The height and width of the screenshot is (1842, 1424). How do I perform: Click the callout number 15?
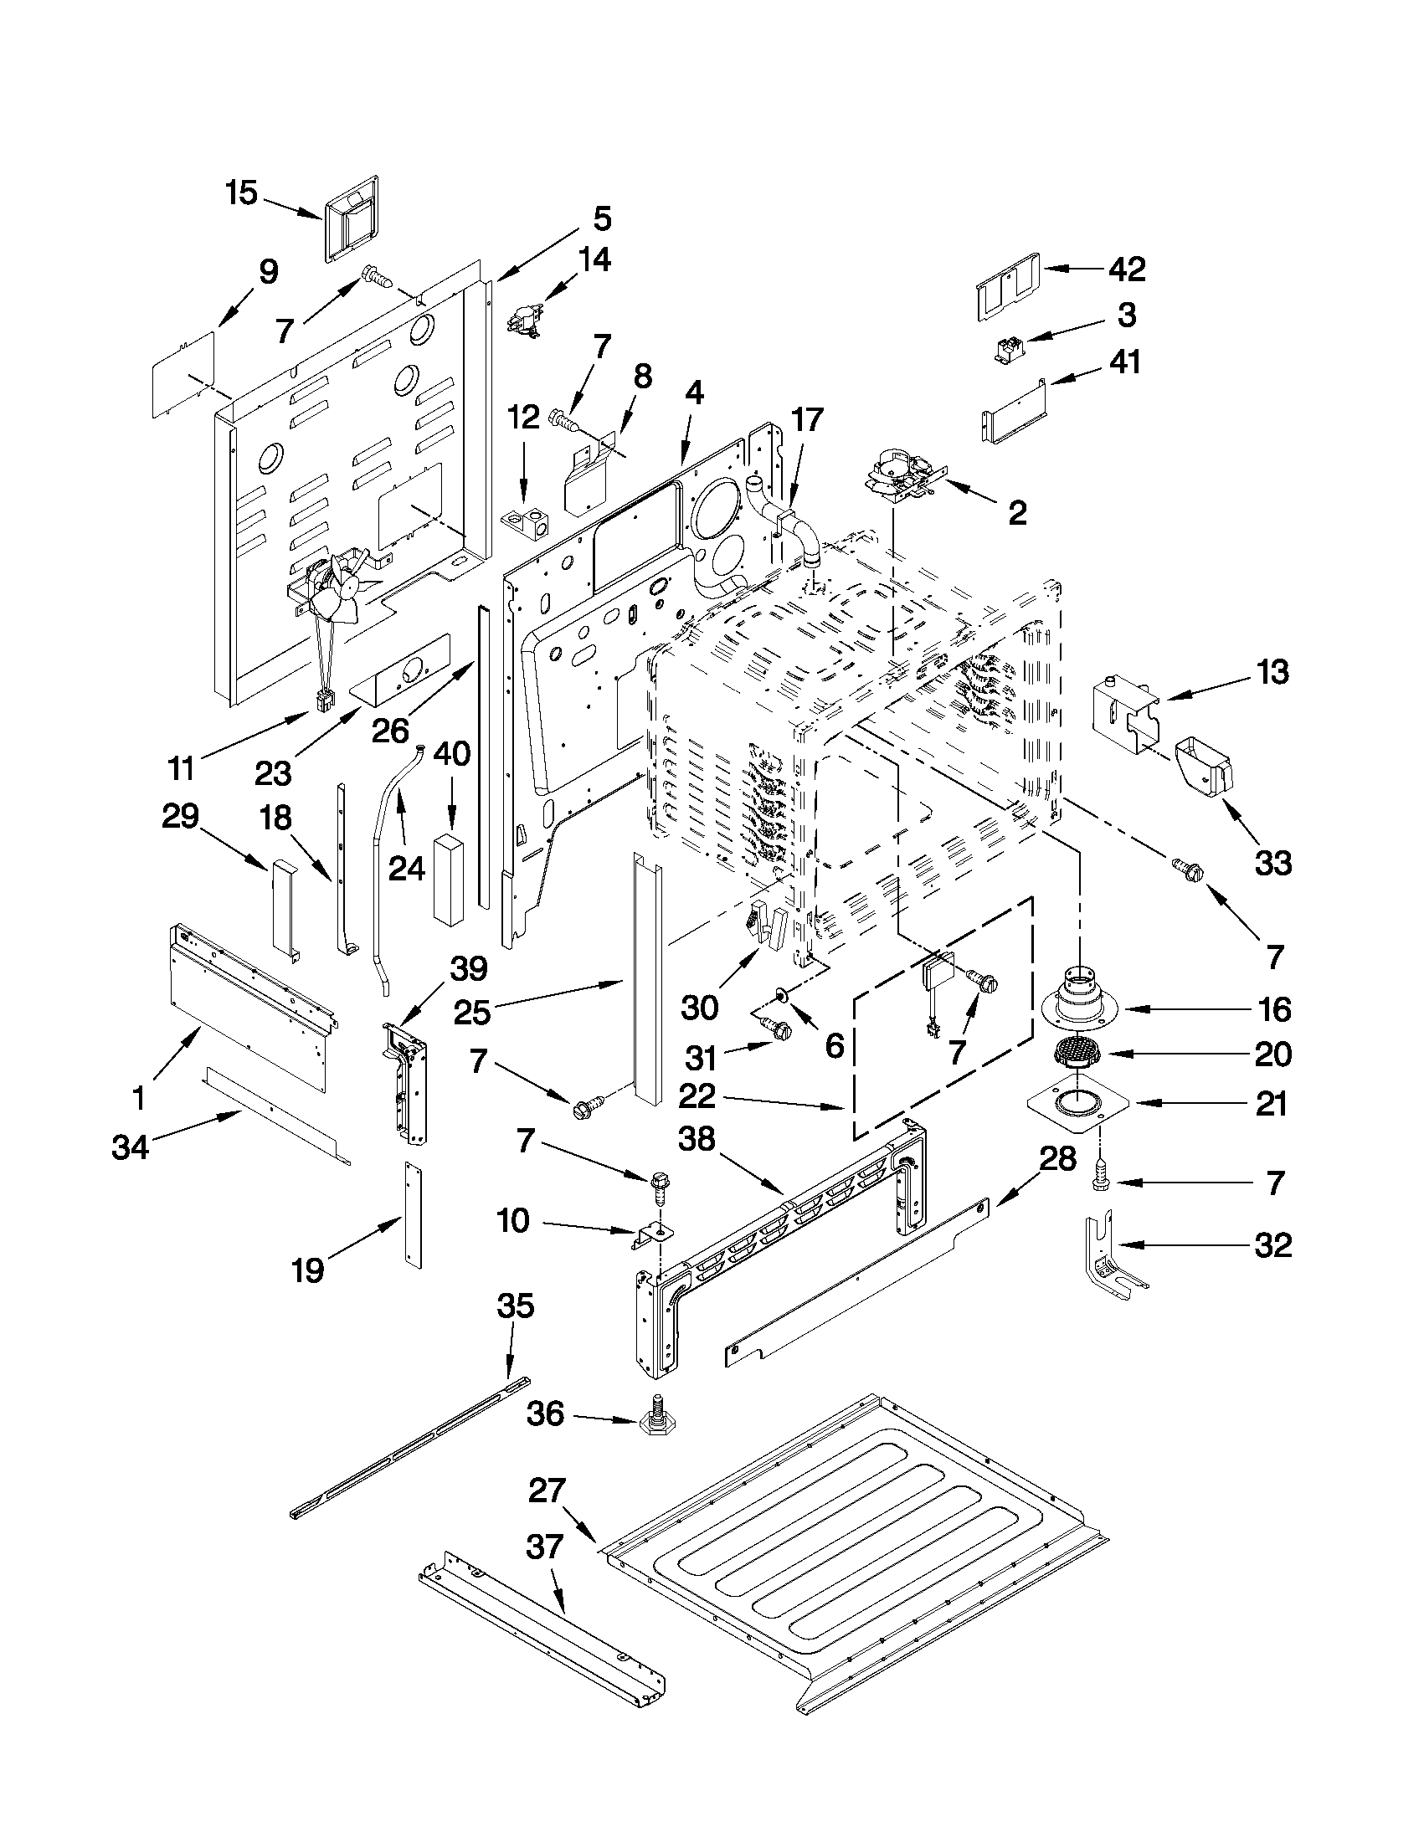tap(241, 193)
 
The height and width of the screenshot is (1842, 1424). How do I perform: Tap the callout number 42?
tap(1127, 269)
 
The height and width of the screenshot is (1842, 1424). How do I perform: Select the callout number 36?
tap(545, 1414)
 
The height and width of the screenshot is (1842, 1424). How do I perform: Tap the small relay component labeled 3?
tap(1010, 349)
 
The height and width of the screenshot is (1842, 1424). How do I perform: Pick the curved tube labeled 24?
tap(388, 852)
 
